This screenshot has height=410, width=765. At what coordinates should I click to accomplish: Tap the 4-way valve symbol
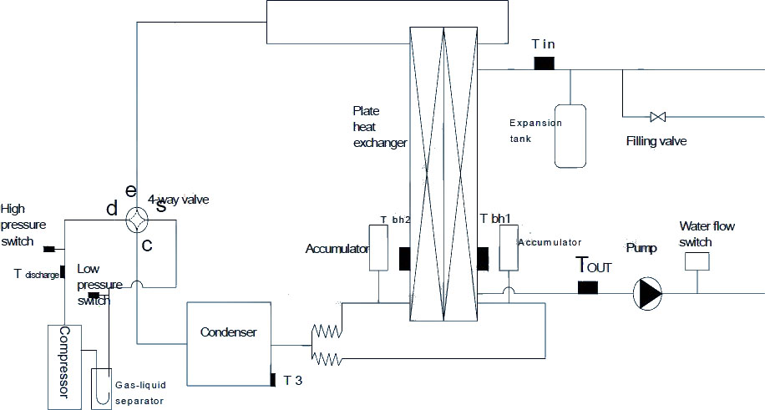[136, 220]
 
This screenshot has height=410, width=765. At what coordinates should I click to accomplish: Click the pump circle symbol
[647, 293]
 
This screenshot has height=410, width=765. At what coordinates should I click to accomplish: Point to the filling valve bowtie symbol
[658, 117]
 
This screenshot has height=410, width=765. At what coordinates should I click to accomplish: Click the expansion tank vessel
[570, 136]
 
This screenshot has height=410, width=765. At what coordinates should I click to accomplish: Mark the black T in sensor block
[544, 63]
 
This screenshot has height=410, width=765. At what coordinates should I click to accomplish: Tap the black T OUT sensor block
[587, 287]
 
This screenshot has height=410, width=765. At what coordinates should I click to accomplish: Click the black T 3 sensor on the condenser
[273, 379]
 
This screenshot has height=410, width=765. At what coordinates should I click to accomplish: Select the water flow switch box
[697, 261]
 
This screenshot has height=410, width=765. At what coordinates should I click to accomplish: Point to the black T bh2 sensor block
[404, 259]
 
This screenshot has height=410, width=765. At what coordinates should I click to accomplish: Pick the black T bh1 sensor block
[483, 259]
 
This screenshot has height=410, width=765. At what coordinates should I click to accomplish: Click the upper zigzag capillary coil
[327, 332]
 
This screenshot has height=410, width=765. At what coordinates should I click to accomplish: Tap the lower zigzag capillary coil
[327, 359]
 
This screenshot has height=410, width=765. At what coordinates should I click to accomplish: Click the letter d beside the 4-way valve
[112, 209]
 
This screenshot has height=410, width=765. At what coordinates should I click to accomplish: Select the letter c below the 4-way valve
[147, 245]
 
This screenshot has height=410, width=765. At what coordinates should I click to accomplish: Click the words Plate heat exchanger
[380, 127]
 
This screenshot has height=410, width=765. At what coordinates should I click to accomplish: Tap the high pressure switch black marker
[48, 249]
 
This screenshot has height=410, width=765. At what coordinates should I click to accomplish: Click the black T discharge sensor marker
[63, 272]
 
